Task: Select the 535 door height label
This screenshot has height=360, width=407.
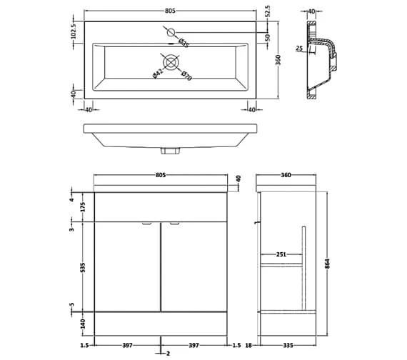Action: pyautogui.click(x=83, y=269)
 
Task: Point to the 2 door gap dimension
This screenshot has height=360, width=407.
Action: pyautogui.click(x=167, y=354)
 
